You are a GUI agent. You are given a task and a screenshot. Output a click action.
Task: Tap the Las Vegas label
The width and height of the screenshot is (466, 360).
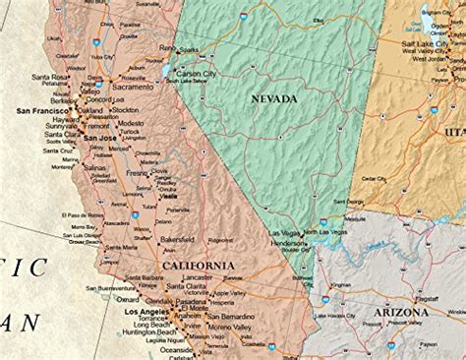[285, 233]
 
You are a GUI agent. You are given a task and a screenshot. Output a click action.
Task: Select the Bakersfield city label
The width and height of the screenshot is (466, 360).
[180, 239]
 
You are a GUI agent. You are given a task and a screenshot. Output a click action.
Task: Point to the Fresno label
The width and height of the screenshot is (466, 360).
[137, 173]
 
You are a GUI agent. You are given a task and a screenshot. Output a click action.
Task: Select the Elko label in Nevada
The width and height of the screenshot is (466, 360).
[318, 20]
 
